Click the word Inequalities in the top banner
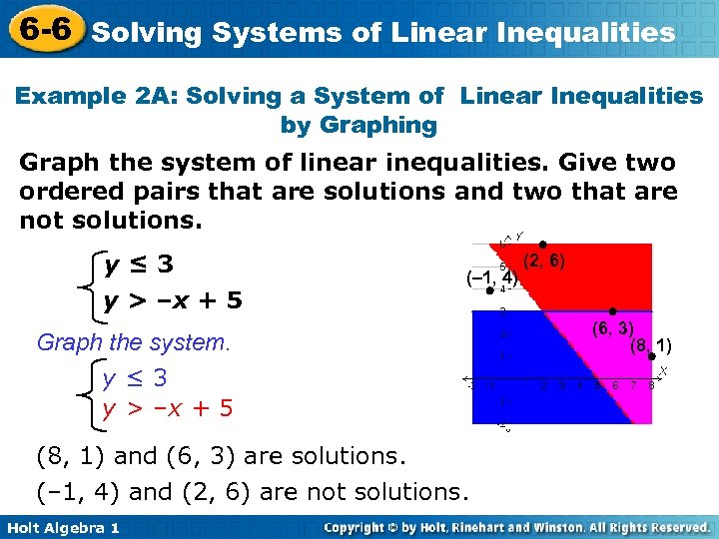588,33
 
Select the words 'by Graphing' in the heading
359,125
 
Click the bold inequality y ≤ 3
139,265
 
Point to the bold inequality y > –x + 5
174,299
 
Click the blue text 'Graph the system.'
133,342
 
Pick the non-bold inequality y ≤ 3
135,378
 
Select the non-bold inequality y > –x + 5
168,407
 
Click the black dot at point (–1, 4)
489,291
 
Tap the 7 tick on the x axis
633,385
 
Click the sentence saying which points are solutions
220,456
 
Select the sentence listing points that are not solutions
251,492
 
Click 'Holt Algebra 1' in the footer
62,527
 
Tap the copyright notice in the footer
515,527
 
